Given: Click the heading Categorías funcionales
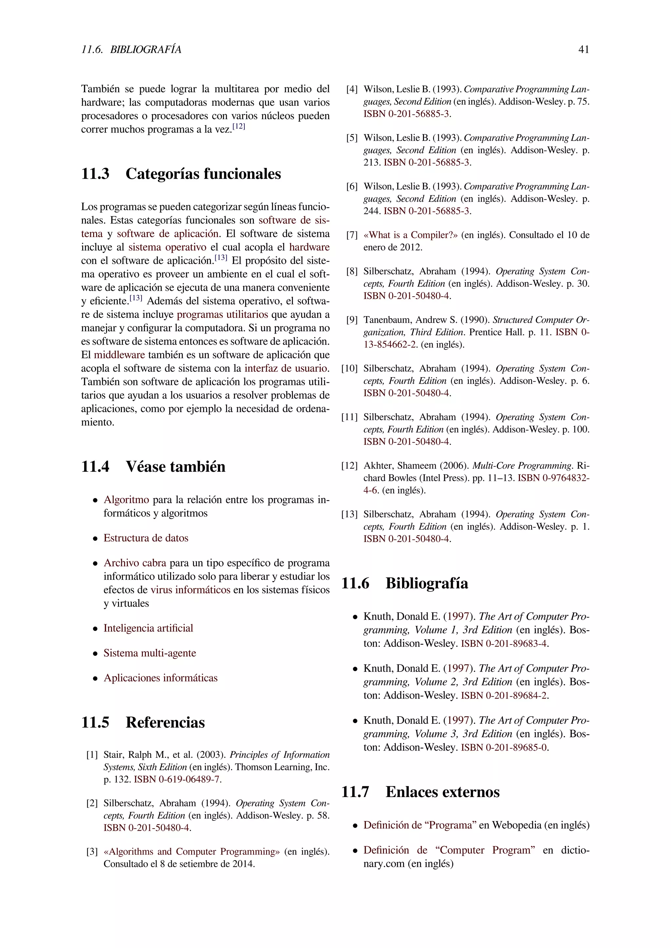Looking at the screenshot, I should point(203,174).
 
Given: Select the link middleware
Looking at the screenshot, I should point(119,355).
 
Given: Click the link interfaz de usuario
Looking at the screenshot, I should point(286,368).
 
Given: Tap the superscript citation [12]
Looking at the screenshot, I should point(239,126).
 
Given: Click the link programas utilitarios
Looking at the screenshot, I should point(222,315).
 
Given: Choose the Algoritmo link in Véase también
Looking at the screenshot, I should point(126,500).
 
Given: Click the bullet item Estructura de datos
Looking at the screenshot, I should point(146,538).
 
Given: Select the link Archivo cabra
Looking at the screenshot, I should point(135,563).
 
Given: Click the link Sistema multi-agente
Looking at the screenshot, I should point(150,653).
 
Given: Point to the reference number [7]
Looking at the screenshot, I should point(352,235).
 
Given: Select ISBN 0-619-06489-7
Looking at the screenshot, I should point(177,779).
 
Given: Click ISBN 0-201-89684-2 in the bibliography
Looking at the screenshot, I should point(504,695).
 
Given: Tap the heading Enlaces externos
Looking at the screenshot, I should point(442,792).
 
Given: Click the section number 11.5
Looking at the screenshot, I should point(95,722).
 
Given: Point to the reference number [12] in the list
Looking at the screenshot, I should point(349,466).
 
